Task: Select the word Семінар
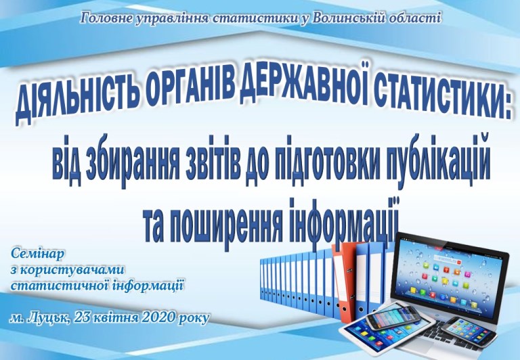point(37,254)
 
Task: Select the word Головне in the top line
point(106,18)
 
